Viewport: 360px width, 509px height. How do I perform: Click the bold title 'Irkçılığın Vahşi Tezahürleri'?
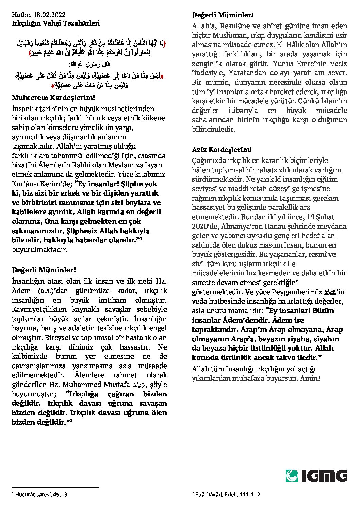(x=56, y=23)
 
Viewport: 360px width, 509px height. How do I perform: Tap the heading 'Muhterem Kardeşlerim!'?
(x=53, y=98)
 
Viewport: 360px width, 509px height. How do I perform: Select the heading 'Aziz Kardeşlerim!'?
(x=222, y=149)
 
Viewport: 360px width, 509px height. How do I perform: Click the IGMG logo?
(x=316, y=475)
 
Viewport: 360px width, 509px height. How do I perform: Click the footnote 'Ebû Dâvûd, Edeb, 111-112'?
(x=228, y=494)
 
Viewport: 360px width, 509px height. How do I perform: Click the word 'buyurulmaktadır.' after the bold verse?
(x=40, y=249)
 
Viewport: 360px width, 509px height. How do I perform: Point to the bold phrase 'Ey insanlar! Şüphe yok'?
(x=118, y=184)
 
